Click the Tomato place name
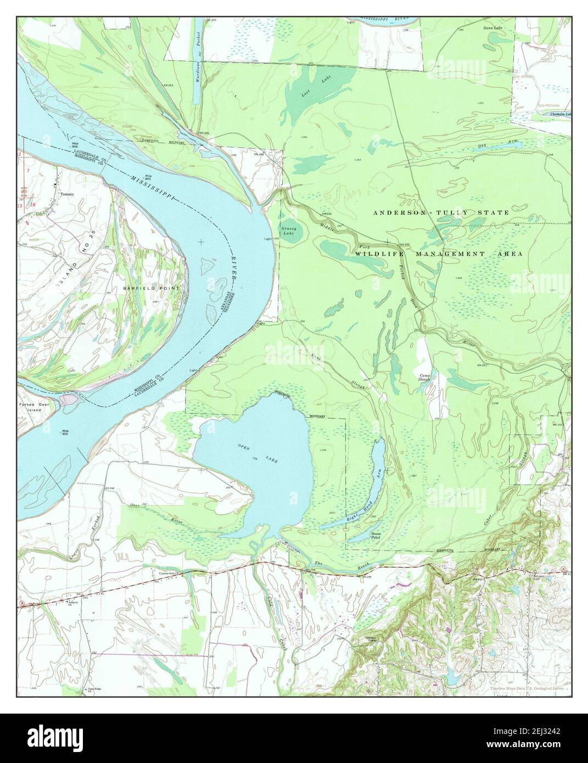click(x=66, y=194)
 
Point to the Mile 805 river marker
click(x=148, y=177)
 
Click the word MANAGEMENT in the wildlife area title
click(x=443, y=254)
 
